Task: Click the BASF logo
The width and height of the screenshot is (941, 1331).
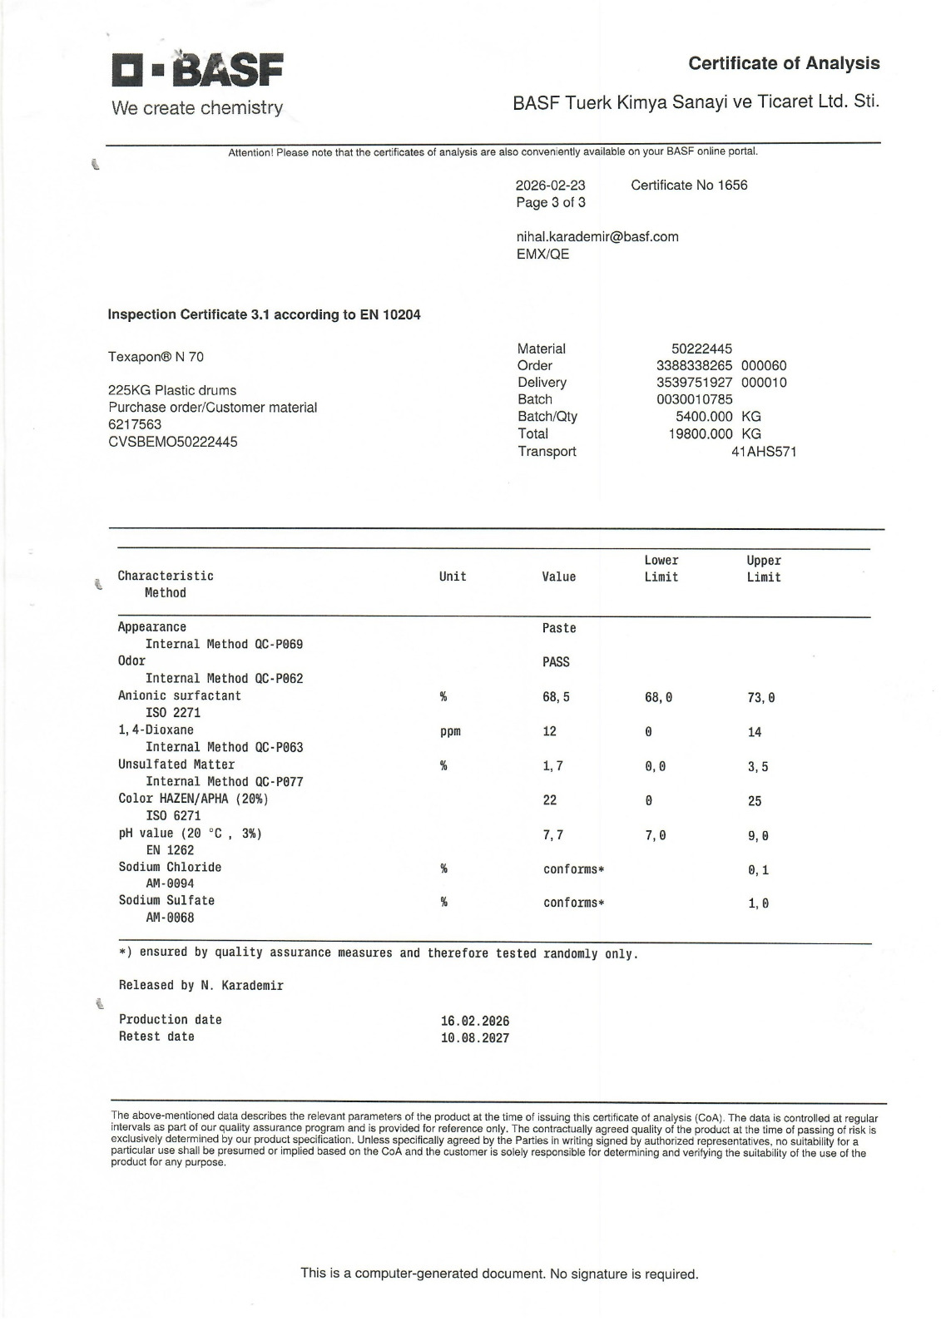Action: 197,72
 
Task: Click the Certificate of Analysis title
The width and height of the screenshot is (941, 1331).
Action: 784,63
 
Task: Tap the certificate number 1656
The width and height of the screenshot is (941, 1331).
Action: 732,185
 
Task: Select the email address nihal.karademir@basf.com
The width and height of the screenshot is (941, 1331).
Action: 597,236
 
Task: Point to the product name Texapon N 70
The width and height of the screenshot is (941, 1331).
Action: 156,357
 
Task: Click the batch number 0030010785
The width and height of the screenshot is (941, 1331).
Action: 695,399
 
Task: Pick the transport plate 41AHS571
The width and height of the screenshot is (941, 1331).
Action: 763,452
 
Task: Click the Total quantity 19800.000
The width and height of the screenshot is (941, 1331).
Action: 701,433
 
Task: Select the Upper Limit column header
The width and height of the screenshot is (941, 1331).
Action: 763,569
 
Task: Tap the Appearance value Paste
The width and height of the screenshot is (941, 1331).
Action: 559,628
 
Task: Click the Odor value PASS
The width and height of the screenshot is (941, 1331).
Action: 556,662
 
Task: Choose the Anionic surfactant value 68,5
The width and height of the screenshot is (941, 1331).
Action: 556,697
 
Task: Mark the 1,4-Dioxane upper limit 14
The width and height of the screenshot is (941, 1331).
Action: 755,732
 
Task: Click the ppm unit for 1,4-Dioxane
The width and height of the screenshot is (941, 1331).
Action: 450,732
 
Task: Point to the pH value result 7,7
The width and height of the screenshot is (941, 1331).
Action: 552,835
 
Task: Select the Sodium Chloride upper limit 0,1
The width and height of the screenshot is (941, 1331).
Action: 758,870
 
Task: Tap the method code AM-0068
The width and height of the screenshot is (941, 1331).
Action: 170,918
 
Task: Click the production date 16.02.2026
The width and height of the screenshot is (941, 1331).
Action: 475,1021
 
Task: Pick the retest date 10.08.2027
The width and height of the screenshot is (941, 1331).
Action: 475,1038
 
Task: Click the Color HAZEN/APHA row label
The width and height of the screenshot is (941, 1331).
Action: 193,799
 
